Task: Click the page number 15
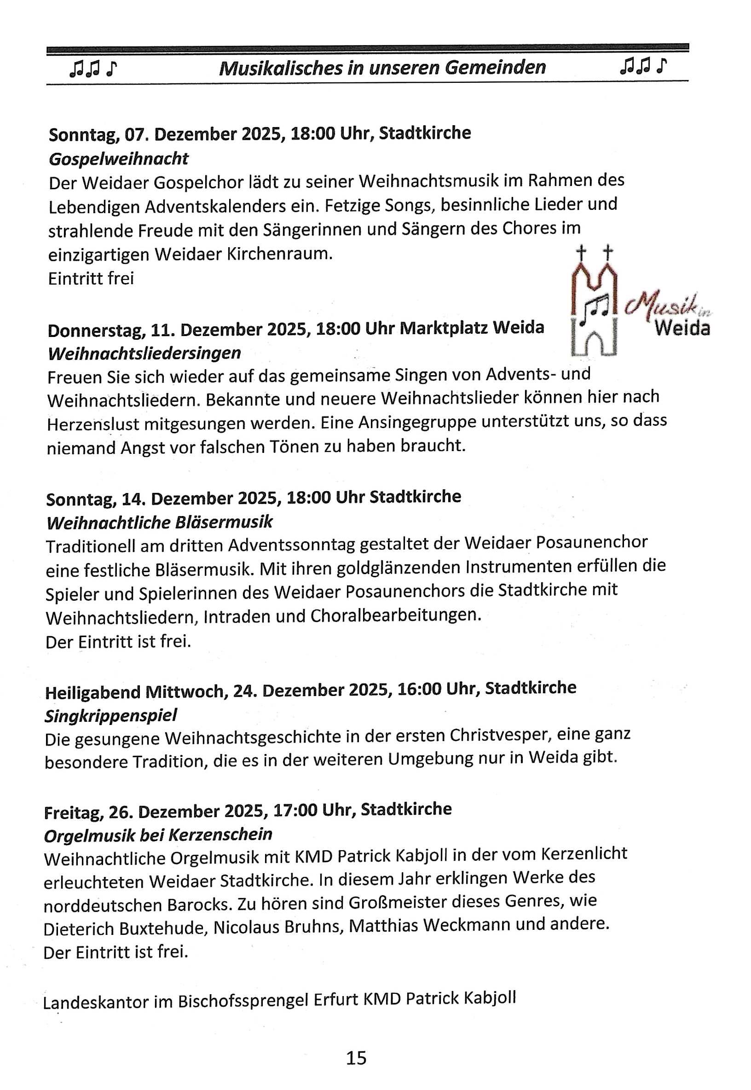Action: pyautogui.click(x=356, y=1057)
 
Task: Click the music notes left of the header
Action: pyautogui.click(x=92, y=69)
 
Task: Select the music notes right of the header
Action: pyautogui.click(x=643, y=66)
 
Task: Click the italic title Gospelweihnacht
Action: pyautogui.click(x=119, y=159)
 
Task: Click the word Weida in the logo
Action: pyautogui.click(x=682, y=328)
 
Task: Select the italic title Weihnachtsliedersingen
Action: pyautogui.click(x=144, y=353)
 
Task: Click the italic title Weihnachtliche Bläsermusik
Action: pyautogui.click(x=159, y=522)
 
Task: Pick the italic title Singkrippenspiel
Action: pyautogui.click(x=110, y=716)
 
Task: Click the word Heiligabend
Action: pyautogui.click(x=92, y=692)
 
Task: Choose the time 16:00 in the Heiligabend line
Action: pyautogui.click(x=419, y=690)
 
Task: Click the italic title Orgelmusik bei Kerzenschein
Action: pyautogui.click(x=158, y=835)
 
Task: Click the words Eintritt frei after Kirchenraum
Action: pyautogui.click(x=91, y=278)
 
